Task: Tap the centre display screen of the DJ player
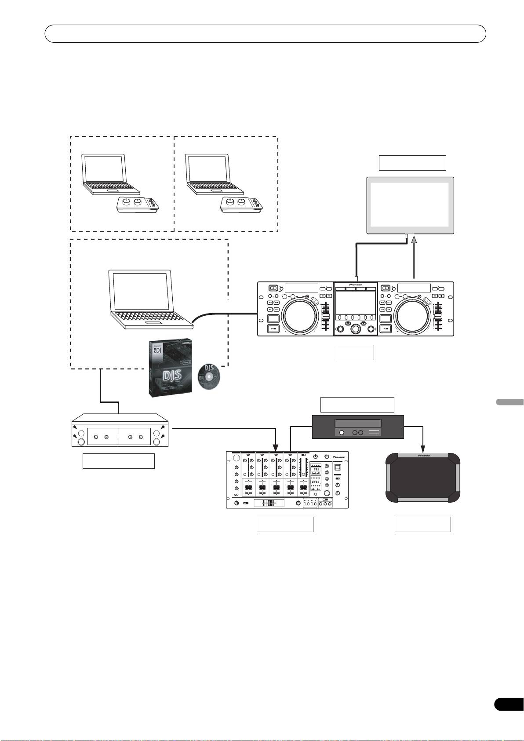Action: click(x=356, y=303)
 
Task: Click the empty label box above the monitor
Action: click(x=412, y=163)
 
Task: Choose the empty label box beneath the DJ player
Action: click(x=355, y=352)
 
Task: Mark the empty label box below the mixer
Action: click(x=285, y=524)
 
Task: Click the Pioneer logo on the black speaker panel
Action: click(x=423, y=456)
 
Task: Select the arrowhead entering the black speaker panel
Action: click(x=423, y=449)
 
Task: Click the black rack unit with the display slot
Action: click(x=358, y=427)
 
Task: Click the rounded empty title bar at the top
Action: click(x=266, y=33)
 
